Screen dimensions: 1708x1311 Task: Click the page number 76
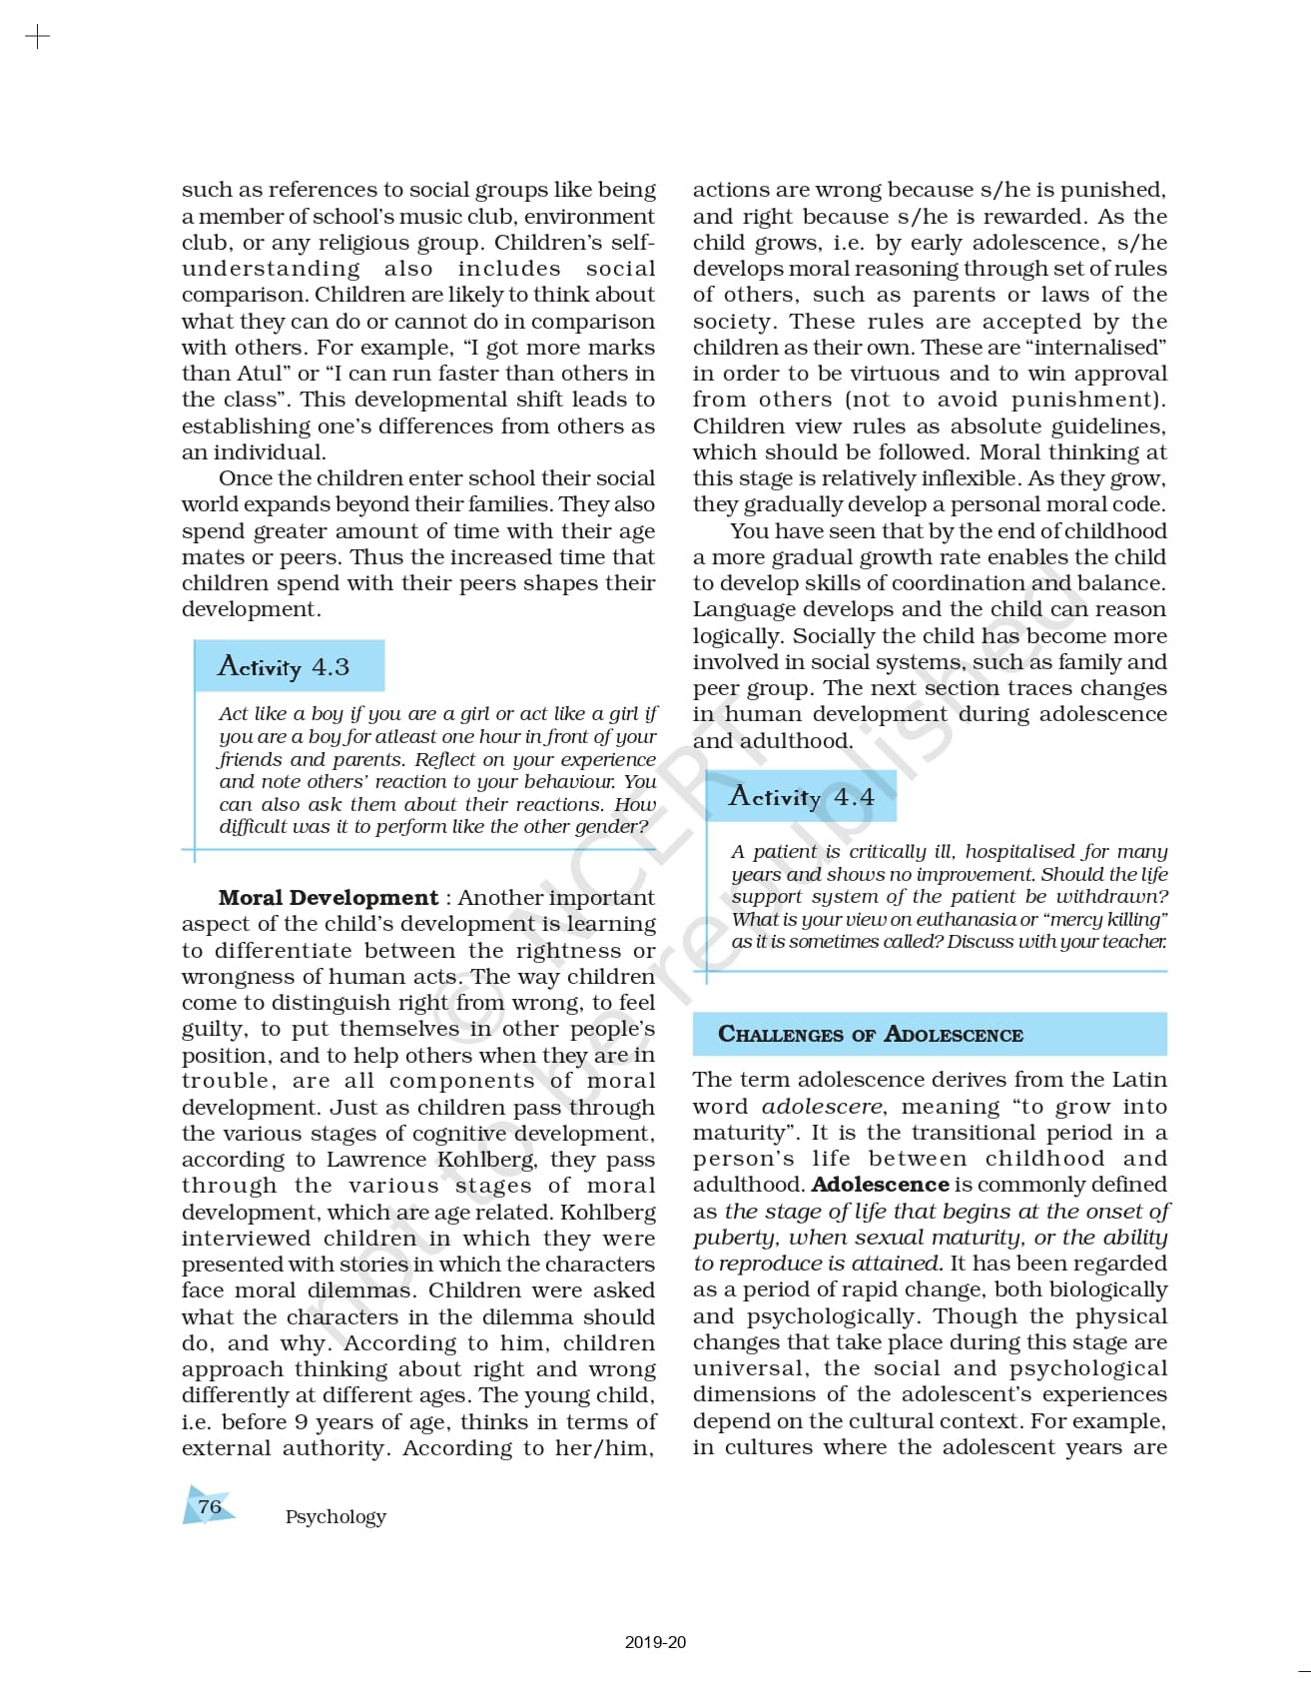click(x=210, y=1506)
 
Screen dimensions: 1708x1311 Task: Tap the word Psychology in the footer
click(x=335, y=1516)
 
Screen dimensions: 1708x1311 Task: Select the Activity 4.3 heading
click(x=284, y=667)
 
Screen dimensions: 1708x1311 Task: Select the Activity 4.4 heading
click(x=801, y=797)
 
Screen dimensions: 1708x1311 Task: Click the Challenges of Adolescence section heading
click(x=871, y=1035)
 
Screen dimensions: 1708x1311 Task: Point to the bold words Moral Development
click(x=328, y=898)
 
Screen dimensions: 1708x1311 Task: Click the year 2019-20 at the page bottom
click(x=655, y=1642)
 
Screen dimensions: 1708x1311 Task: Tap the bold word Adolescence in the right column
click(x=880, y=1185)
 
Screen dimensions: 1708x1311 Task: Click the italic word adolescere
click(x=822, y=1107)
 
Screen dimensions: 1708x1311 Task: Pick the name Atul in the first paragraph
click(x=260, y=374)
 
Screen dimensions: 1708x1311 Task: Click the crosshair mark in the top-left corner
click(x=37, y=38)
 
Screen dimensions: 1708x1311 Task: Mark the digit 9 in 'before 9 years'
click(x=301, y=1422)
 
